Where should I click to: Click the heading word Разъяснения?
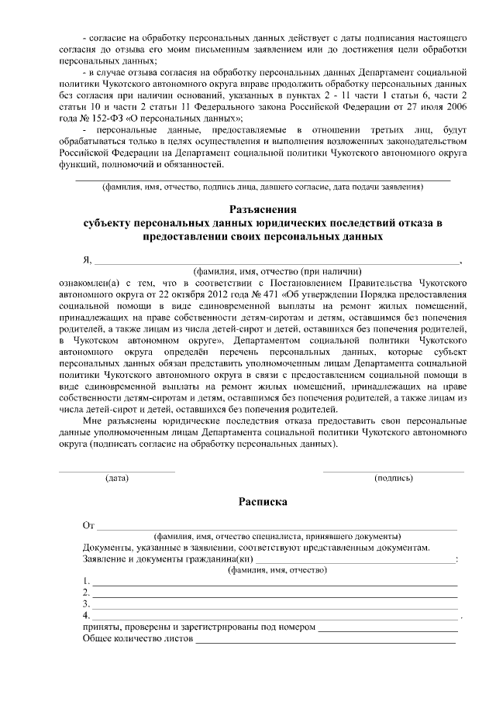click(263, 209)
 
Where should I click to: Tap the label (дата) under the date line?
click(117, 478)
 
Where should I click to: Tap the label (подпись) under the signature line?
click(394, 478)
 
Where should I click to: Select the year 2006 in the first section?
click(453, 107)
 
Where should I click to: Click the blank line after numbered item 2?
click(275, 593)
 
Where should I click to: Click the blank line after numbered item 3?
click(275, 605)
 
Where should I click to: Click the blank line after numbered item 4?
click(275, 617)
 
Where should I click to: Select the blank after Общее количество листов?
click(325, 640)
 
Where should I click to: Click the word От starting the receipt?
click(88, 526)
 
